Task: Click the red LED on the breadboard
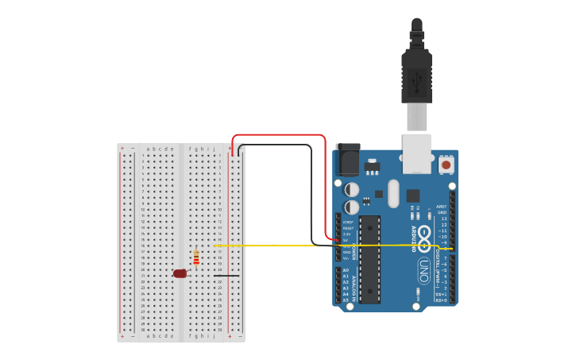click(180, 273)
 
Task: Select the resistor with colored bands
click(196, 257)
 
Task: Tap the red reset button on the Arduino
click(446, 165)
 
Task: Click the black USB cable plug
click(416, 75)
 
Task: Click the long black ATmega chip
click(369, 259)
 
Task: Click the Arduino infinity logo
click(425, 236)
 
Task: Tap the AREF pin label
click(442, 207)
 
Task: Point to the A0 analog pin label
click(346, 270)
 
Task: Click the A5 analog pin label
click(346, 300)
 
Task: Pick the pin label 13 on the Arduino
click(443, 219)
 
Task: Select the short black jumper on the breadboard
click(226, 276)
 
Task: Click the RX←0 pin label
click(442, 300)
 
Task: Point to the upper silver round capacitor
click(351, 190)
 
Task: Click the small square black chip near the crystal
click(413, 195)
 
